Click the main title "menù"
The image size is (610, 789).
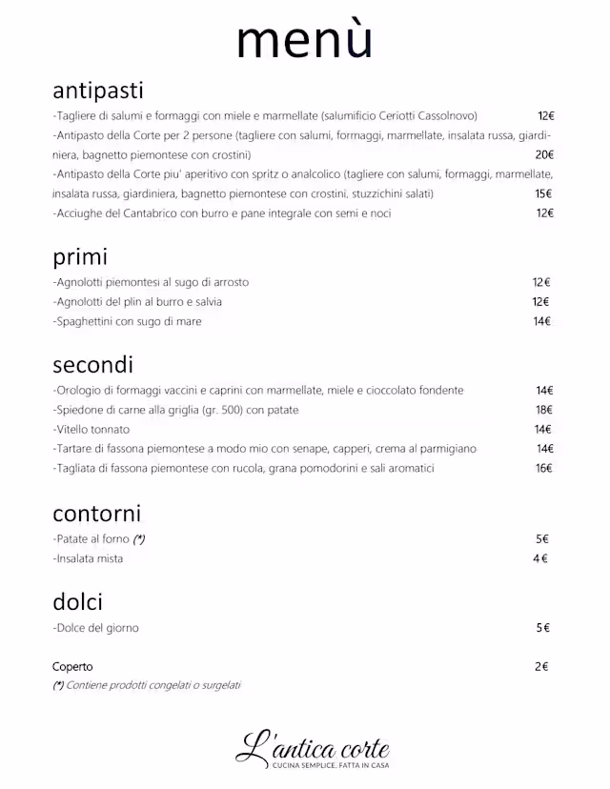[304, 40]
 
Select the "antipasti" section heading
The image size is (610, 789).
[98, 91]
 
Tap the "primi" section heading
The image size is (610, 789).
[80, 257]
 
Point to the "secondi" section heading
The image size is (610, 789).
[92, 365]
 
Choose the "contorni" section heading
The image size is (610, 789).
[96, 514]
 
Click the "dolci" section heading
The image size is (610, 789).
[77, 602]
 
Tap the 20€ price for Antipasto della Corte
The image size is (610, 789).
[544, 154]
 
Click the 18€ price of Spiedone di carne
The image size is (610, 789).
[544, 410]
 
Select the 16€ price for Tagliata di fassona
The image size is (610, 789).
[544, 468]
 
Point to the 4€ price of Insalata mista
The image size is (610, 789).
[540, 558]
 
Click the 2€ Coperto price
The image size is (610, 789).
[541, 667]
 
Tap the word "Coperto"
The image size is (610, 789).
[72, 667]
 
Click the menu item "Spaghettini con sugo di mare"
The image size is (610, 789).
[128, 321]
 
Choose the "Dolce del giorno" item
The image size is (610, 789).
[96, 628]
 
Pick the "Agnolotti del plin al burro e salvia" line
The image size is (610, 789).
[139, 302]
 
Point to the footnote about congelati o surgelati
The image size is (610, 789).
[147, 685]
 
